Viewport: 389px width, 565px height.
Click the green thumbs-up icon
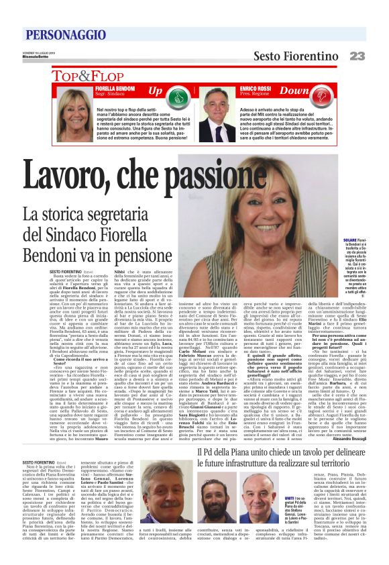pyautogui.click(x=195, y=96)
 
